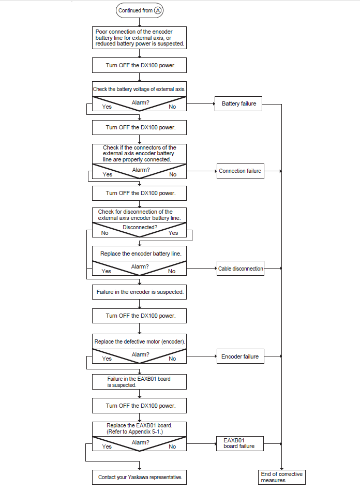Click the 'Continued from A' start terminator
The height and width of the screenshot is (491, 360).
point(139,10)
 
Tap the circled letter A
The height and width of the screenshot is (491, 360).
point(158,10)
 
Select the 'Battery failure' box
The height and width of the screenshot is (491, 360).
point(238,103)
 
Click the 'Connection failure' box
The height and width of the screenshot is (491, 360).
point(241,171)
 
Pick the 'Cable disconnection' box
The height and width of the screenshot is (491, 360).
point(241,269)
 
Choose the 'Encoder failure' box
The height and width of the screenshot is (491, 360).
point(241,356)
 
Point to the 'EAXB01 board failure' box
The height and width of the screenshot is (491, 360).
point(240,443)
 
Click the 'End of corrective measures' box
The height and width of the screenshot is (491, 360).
point(282,477)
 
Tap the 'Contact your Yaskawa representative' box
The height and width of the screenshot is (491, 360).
point(139,477)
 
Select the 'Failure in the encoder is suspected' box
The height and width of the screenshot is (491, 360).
point(139,292)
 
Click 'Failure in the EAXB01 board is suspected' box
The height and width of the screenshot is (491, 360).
point(139,382)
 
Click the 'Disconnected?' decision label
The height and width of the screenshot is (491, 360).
point(140,227)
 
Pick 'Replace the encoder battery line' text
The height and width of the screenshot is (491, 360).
point(141,254)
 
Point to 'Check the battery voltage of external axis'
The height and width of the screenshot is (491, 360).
point(139,89)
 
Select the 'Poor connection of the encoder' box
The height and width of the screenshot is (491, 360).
point(139,38)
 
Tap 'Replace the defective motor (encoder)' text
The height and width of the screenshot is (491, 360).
point(140,341)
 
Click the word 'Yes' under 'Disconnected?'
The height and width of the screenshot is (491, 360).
point(173,233)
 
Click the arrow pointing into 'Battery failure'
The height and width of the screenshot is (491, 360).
point(201,103)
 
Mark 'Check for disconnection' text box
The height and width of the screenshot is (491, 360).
point(139,215)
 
